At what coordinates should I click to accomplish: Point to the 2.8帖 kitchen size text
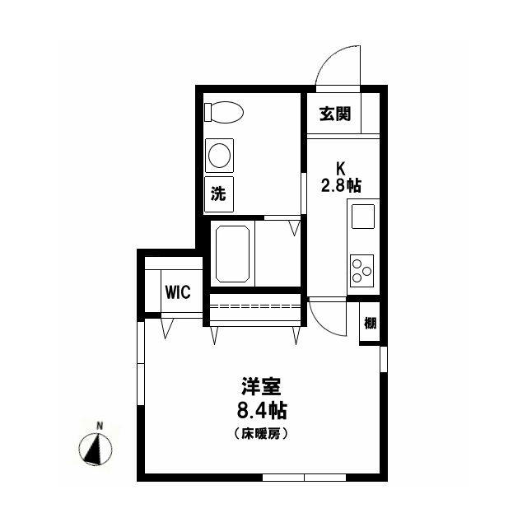341,185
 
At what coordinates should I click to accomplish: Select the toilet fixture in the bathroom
223,111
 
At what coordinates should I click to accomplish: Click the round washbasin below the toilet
220,156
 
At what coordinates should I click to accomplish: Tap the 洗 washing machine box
219,194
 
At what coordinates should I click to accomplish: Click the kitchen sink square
363,217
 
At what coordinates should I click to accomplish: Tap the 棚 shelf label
370,322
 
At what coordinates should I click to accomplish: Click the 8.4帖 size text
261,409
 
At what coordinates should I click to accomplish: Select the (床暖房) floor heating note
261,433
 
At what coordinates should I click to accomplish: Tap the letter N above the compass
100,426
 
